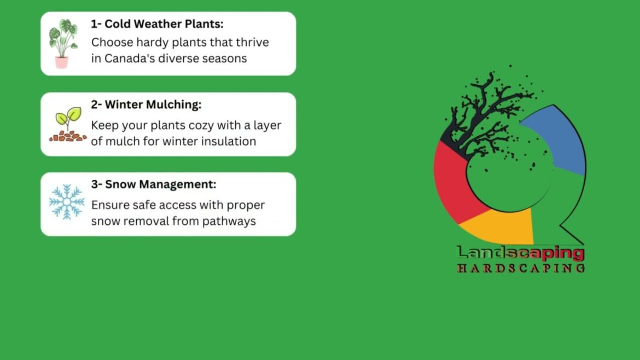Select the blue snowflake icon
(67, 202)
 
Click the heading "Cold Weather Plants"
(157, 24)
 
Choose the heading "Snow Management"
(154, 184)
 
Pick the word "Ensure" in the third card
(109, 205)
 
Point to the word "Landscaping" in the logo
(520, 253)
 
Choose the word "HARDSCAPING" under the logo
(520, 268)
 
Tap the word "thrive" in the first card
(253, 42)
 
